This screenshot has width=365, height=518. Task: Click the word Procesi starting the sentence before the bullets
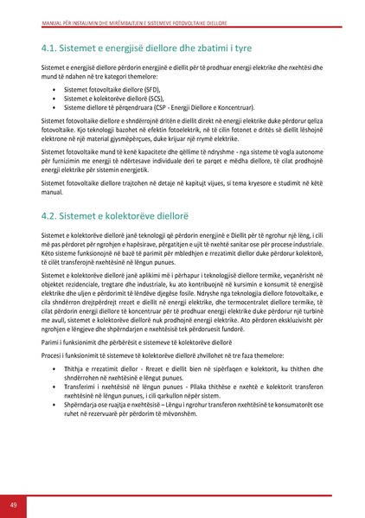click(53, 355)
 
